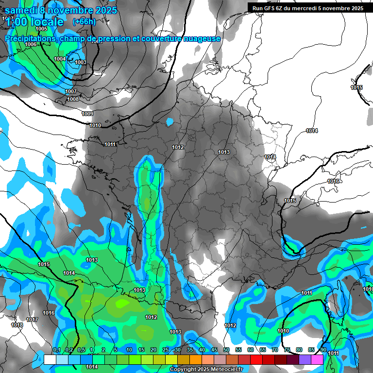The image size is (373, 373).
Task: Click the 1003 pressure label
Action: [80, 62]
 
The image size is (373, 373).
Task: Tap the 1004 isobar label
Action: [60, 59]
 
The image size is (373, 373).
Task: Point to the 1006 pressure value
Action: [31, 44]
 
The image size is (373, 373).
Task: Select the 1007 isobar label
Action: [71, 91]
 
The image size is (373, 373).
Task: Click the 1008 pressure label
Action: [73, 99]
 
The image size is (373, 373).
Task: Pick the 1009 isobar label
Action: [87, 114]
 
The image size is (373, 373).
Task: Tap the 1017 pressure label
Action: [33, 320]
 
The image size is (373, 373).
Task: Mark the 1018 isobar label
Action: [17, 325]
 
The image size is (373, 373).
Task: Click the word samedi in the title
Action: [22, 10]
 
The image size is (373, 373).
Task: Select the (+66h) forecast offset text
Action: [84, 21]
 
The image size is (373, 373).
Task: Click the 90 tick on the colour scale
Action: [323, 350]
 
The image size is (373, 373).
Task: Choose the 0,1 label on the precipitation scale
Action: [56, 350]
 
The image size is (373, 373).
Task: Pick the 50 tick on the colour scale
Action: [226, 350]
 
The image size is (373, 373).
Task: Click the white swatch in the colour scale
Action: [50, 359]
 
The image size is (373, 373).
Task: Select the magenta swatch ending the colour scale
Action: [318, 359]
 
